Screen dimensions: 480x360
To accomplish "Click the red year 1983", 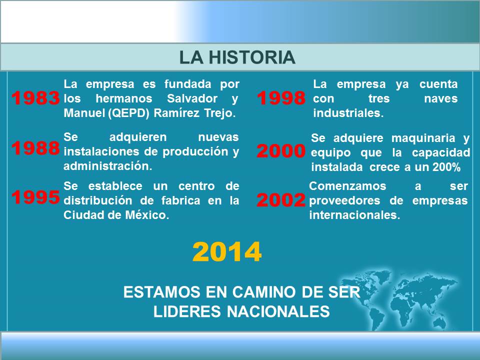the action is tap(35, 98).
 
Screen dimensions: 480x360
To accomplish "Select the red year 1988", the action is tap(35, 148).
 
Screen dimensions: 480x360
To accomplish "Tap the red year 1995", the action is tap(35, 197).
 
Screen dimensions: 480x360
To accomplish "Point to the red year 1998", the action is tap(281, 98).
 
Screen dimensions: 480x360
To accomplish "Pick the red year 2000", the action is tap(281, 150).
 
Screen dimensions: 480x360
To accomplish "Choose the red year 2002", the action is tap(281, 200).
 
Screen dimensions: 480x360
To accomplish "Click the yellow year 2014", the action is tap(227, 251).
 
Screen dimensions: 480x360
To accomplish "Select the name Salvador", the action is tap(192, 98).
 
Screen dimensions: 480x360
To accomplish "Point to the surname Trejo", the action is tap(220, 113).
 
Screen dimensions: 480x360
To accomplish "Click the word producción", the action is tap(195, 152).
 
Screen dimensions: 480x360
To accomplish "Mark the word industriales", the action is tap(348, 113).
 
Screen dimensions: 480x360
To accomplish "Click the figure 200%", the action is tap(446, 167).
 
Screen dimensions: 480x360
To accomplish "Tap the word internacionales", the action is tap(354, 215).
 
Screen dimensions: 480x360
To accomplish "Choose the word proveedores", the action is tap(344, 201).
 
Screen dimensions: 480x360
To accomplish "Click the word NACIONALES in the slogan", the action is tap(278, 311).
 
